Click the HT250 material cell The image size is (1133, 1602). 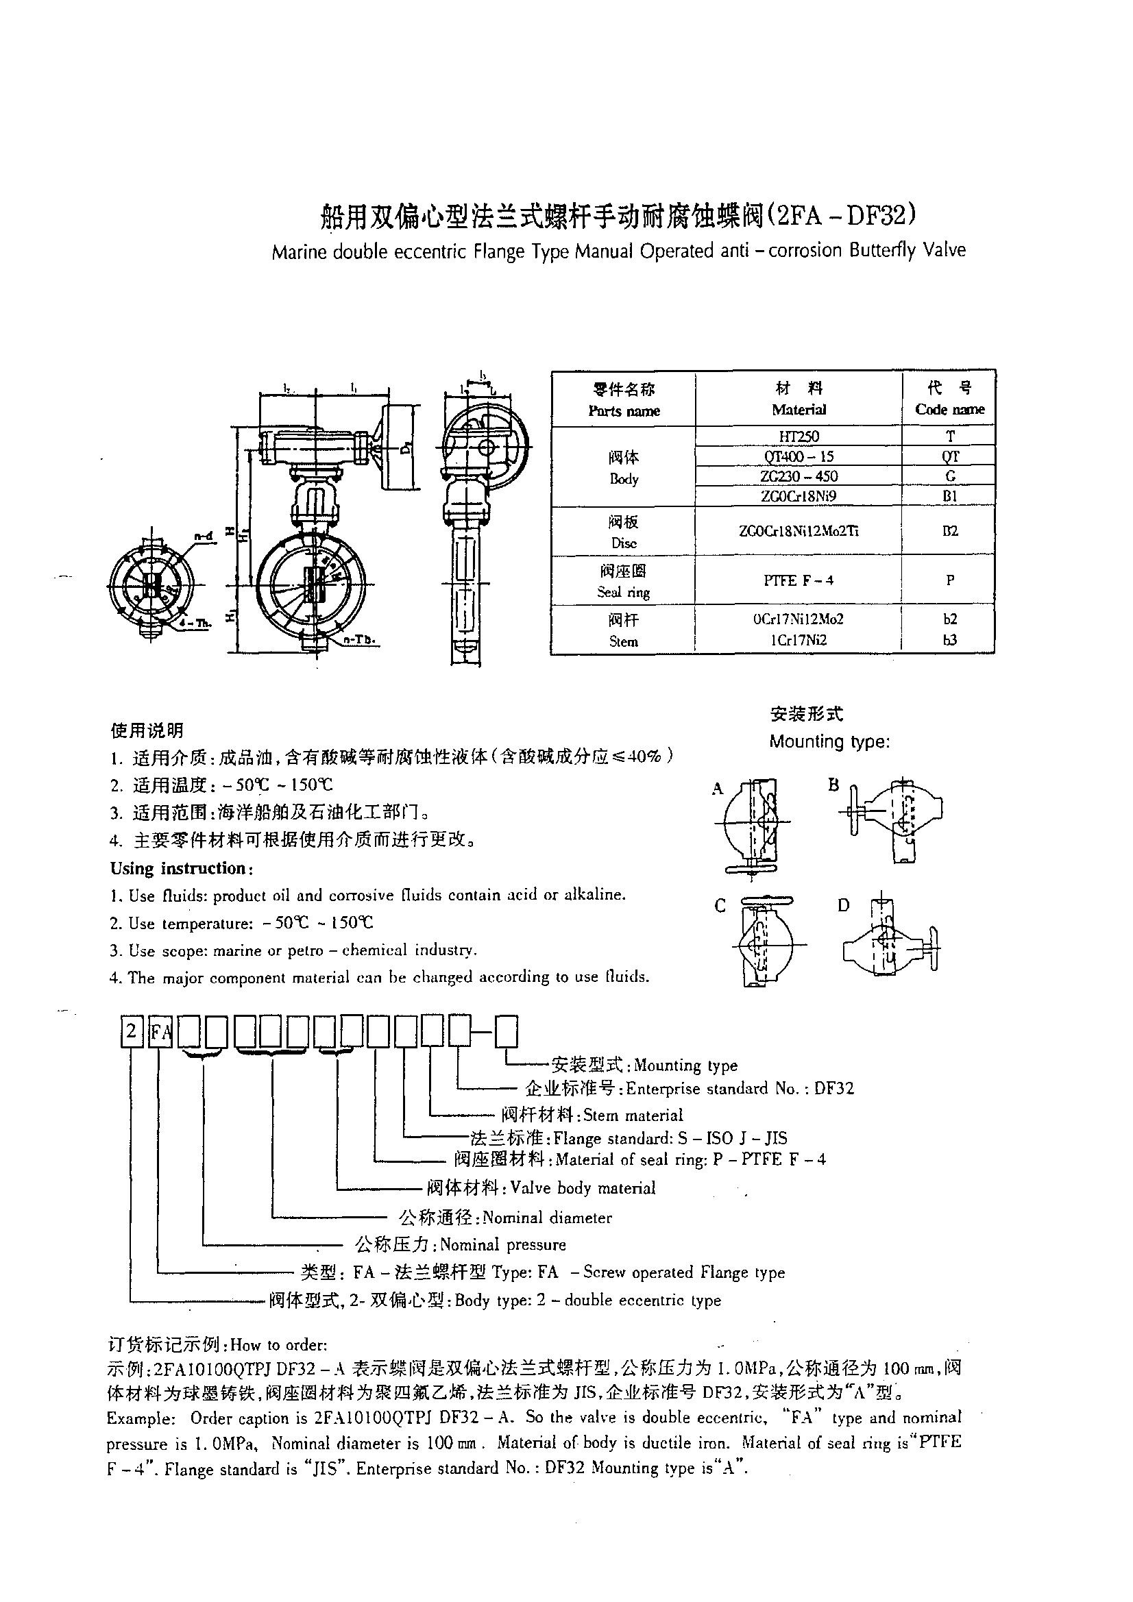799,436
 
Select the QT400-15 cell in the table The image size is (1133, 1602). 799,456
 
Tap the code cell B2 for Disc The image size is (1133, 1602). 949,531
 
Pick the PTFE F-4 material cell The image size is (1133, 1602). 799,580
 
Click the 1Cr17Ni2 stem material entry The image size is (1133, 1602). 799,640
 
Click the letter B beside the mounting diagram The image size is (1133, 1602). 833,785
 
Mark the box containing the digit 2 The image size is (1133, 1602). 131,1031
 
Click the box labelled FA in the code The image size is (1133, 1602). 160,1032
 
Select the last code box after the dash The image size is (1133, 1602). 506,1032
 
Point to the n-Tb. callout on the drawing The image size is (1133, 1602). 359,639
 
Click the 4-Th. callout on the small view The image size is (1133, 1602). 196,623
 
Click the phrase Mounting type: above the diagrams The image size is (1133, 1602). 829,741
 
